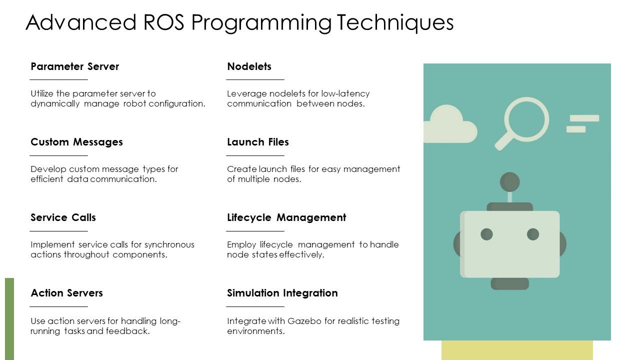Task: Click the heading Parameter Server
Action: point(74,66)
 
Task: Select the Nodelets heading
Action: point(249,66)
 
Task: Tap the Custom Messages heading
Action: point(76,142)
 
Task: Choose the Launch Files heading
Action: point(257,142)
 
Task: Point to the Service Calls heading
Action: point(63,217)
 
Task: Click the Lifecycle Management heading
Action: point(286,217)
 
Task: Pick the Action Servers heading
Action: point(66,293)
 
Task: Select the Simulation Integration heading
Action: point(282,293)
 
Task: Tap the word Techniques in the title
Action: point(395,22)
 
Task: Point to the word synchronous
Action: point(169,244)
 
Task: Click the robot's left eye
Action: point(486,234)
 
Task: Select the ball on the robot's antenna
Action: point(509,182)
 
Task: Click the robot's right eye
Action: point(533,234)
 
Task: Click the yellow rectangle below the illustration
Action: point(517,350)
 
